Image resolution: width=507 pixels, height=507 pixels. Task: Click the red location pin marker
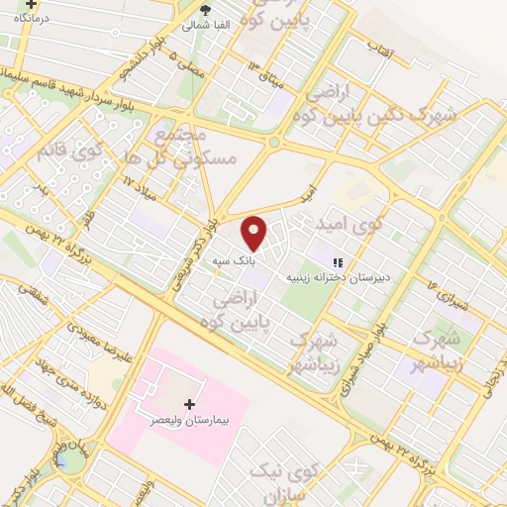click(x=255, y=234)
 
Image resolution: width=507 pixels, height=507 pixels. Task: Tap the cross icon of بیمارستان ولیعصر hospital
click(x=190, y=404)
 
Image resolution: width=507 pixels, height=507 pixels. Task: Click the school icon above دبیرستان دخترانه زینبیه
click(x=338, y=262)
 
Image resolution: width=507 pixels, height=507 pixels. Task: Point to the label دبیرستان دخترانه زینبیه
click(x=342, y=278)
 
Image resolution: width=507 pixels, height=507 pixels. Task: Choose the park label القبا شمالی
click(x=206, y=25)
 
